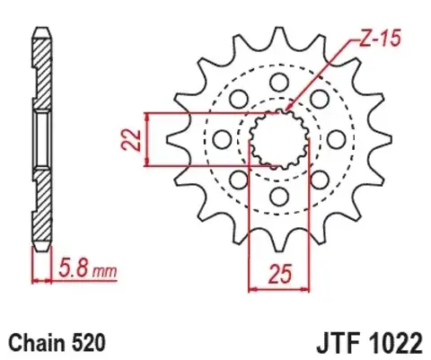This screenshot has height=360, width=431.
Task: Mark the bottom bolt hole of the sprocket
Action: click(278, 195)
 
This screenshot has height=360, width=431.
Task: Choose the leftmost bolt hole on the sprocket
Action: click(222, 139)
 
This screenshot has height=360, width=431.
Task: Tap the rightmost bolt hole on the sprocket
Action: click(335, 139)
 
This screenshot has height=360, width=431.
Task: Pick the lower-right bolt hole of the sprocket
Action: click(318, 179)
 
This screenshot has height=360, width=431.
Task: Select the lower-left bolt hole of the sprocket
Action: click(239, 179)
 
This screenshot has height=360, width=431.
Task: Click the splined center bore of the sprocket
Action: click(278, 139)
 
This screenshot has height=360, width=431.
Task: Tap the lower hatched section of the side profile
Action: click(40, 206)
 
